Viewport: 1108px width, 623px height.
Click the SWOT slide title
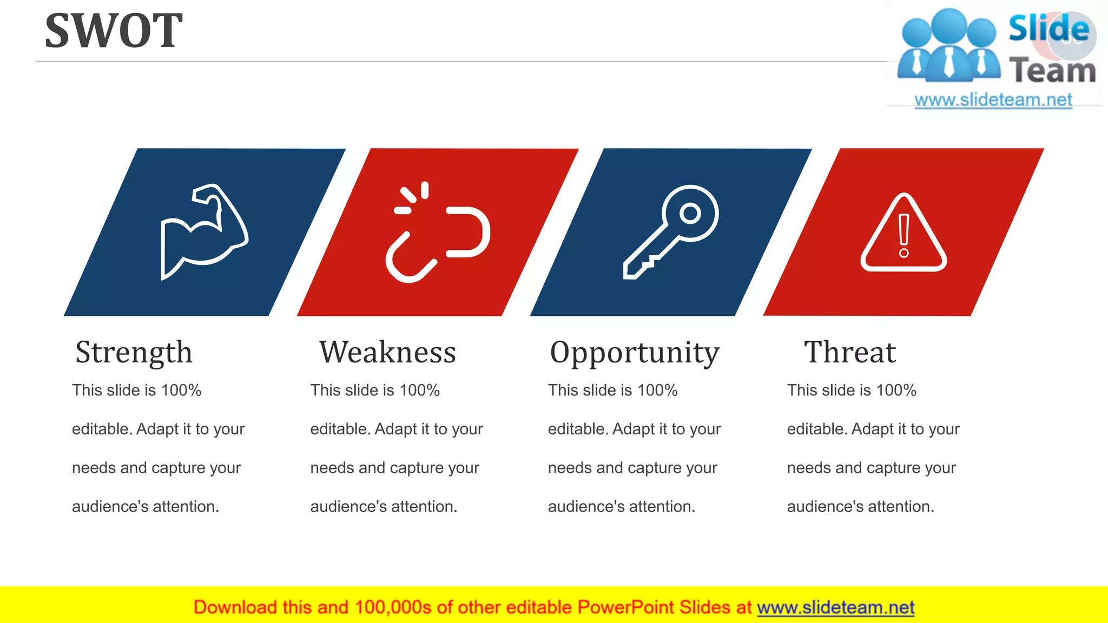tap(114, 31)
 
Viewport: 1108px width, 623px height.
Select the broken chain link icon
tap(437, 233)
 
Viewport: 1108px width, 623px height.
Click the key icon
tap(671, 231)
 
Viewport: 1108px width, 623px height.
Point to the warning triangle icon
tap(903, 234)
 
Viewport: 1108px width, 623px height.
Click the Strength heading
tap(134, 353)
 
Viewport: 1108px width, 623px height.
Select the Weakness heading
tap(387, 353)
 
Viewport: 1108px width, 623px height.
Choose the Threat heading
tap(850, 353)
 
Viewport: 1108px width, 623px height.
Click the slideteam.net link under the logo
tap(993, 100)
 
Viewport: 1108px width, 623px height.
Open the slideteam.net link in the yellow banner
tap(835, 608)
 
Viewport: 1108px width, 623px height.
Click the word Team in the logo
tap(1052, 71)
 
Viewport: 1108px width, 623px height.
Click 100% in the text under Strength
tap(181, 390)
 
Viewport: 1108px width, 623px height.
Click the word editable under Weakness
tap(340, 429)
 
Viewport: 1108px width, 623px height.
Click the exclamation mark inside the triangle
tap(903, 236)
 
